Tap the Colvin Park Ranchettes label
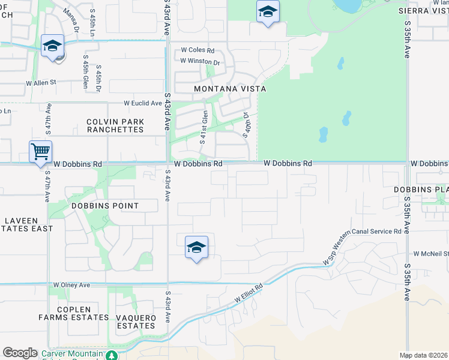(115, 125)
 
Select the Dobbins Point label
(105, 206)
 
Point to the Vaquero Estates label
(136, 322)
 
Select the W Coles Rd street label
(197, 51)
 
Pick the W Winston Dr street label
(200, 61)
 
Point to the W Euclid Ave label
(143, 103)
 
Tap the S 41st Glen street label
(205, 123)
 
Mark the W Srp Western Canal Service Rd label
(361, 245)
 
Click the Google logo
(20, 353)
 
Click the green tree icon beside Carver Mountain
(111, 355)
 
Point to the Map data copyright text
(424, 355)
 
